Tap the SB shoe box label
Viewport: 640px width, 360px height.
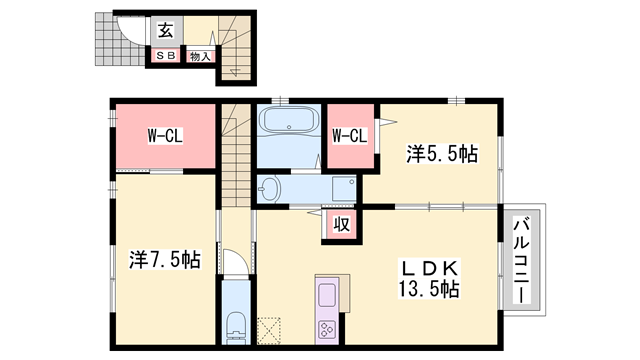pyautogui.click(x=164, y=56)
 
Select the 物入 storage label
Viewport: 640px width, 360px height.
pyautogui.click(x=199, y=56)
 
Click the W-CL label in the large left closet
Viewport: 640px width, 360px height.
pyautogui.click(x=165, y=135)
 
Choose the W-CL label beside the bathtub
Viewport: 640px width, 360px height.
pyautogui.click(x=348, y=135)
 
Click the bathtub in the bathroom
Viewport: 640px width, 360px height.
pyautogui.click(x=288, y=123)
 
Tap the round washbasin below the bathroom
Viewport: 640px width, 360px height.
pyautogui.click(x=270, y=188)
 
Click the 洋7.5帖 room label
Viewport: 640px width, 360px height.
pyautogui.click(x=165, y=259)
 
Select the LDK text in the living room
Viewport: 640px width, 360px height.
pyautogui.click(x=429, y=268)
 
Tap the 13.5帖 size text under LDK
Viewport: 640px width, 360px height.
pyautogui.click(x=429, y=289)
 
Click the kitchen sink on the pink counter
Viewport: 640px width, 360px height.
pyautogui.click(x=328, y=296)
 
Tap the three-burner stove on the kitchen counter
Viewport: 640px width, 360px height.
pyautogui.click(x=328, y=329)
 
